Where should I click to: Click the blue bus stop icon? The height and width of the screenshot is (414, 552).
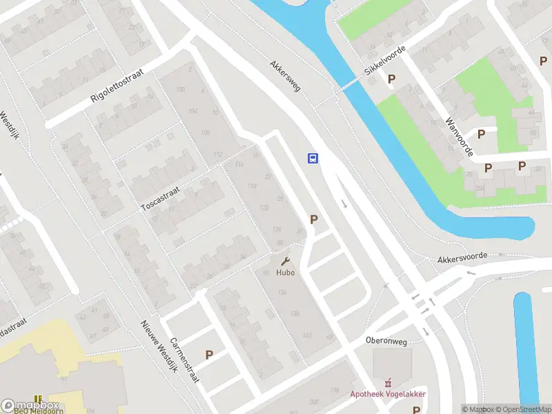point(313,158)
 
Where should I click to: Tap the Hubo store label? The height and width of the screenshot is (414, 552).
point(285,272)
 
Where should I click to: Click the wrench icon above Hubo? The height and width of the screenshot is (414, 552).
point(285,261)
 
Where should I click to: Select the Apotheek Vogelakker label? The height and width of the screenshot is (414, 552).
point(388,394)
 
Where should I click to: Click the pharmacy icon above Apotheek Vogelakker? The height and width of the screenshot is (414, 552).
point(388,382)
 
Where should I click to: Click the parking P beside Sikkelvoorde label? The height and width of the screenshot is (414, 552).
point(392,79)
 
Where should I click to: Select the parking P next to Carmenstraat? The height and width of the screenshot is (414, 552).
point(209,355)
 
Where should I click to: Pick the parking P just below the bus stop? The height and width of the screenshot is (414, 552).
point(314,219)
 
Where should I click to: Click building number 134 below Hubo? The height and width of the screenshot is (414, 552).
point(282,293)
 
